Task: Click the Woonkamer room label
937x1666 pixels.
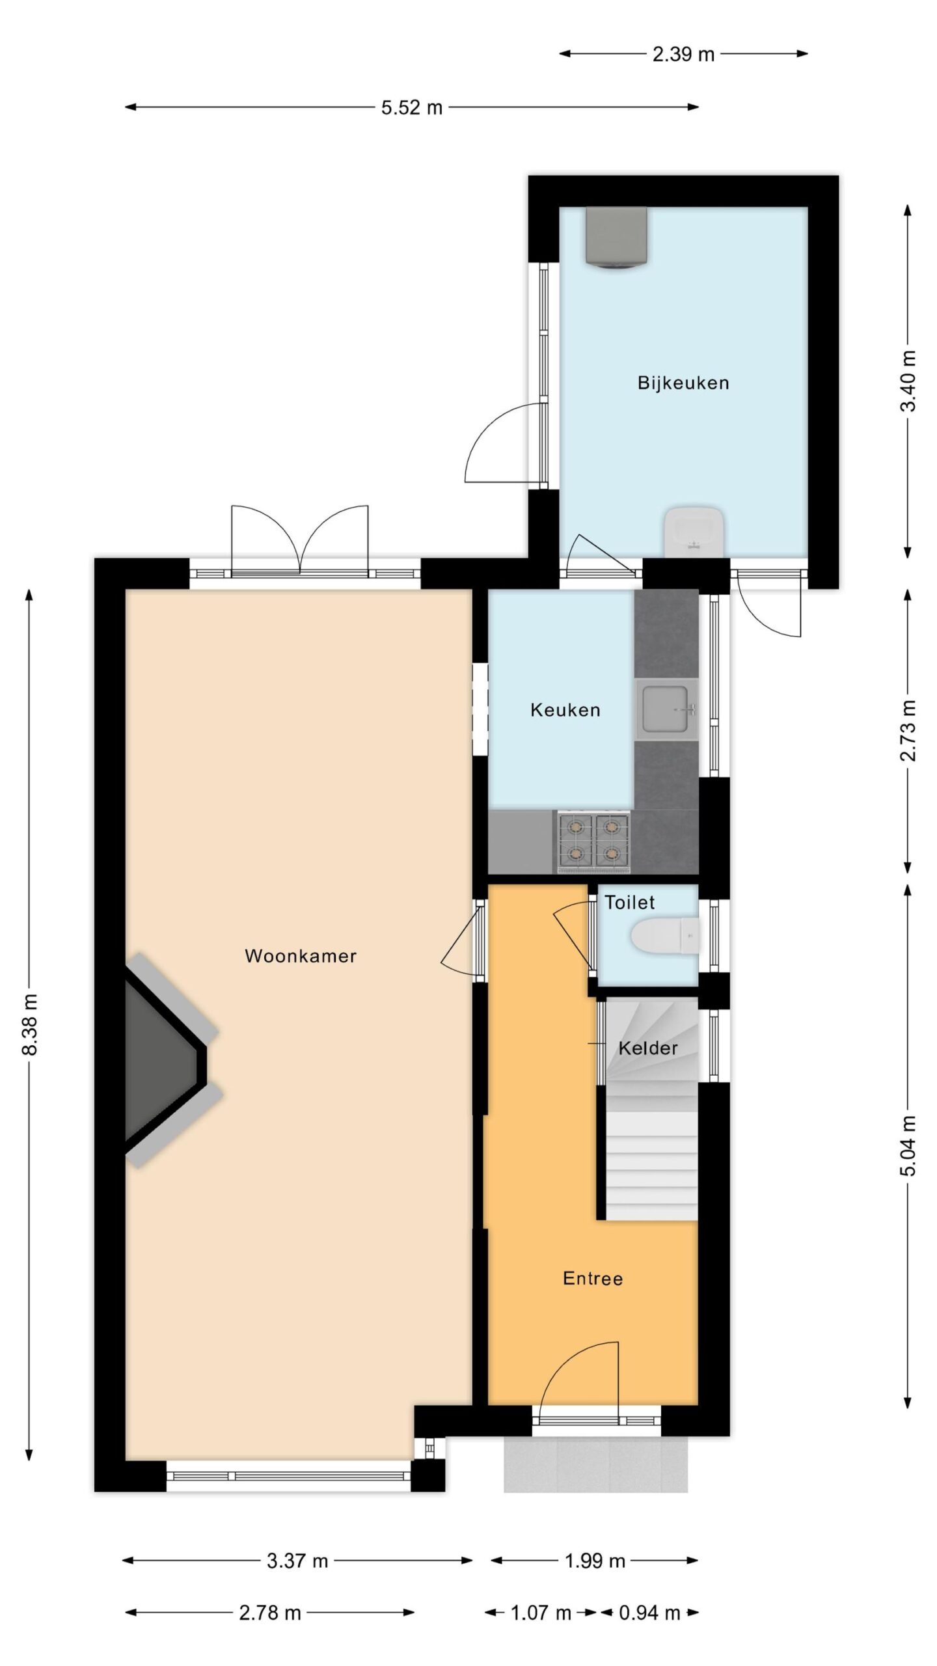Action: (301, 956)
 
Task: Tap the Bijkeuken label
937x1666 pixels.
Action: (683, 383)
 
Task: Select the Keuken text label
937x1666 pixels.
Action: (565, 710)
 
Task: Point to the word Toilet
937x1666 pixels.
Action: (630, 903)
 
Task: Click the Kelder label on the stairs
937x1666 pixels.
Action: (648, 1048)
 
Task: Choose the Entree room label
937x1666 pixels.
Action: (593, 1279)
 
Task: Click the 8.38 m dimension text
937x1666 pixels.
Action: (30, 1025)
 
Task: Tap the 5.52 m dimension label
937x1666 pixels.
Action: (412, 107)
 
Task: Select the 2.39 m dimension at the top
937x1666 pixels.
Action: (683, 54)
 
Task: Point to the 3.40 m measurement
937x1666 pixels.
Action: (908, 381)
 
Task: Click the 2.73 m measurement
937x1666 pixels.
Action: (908, 731)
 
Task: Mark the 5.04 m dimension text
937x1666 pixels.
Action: (908, 1145)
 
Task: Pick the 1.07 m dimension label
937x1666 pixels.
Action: (541, 1613)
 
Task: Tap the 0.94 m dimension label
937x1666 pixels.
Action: (649, 1613)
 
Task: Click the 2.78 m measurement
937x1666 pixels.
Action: (270, 1613)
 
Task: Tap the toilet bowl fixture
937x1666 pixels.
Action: (664, 936)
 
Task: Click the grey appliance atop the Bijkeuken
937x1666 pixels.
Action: (616, 238)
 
